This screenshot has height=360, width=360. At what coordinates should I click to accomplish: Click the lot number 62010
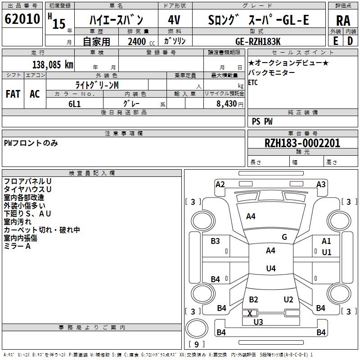[x=22, y=19]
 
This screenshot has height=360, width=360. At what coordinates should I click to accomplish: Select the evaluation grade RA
[x=343, y=20]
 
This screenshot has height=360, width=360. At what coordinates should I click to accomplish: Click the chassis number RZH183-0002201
[x=302, y=143]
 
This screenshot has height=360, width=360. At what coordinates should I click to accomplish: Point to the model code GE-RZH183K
[x=258, y=41]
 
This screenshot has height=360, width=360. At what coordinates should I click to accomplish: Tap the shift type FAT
[x=13, y=94]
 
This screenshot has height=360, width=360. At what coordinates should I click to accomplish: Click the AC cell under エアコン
[x=35, y=94]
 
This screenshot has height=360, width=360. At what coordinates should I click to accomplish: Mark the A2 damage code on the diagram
[x=220, y=184]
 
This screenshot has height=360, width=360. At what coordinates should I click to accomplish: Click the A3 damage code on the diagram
[x=321, y=184]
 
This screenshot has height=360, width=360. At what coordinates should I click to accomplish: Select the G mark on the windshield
[x=284, y=237]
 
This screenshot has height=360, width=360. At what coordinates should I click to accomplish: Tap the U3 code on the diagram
[x=258, y=322]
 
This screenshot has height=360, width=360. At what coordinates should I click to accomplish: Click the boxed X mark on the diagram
[x=250, y=313]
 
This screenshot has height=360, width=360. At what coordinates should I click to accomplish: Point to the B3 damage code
[x=216, y=241]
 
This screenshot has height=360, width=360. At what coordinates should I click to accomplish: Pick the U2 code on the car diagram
[x=288, y=300]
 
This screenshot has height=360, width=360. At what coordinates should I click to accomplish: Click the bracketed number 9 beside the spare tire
[x=196, y=344]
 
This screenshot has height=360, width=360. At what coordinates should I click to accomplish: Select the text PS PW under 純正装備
[x=262, y=121]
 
